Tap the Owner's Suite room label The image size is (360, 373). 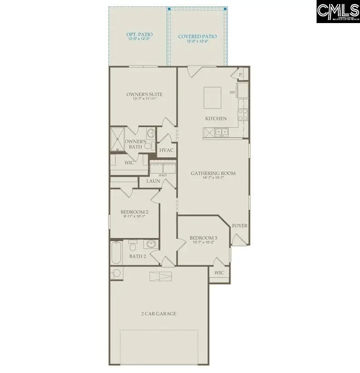click(144, 94)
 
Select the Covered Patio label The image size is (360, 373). click(197, 37)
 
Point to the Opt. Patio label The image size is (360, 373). click(139, 34)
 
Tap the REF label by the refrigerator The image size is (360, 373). click(232, 92)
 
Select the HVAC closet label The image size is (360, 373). click(166, 150)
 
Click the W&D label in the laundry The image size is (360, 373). click(162, 175)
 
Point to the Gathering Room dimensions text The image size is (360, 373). click(213, 178)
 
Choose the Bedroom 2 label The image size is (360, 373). click(134, 212)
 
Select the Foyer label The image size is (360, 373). click(239, 225)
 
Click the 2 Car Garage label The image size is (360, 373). click(158, 313)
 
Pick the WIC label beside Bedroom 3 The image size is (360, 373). click(219, 273)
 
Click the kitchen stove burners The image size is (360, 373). click(243, 114)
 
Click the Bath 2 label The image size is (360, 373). click(137, 256)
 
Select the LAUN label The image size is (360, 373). click(153, 181)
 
